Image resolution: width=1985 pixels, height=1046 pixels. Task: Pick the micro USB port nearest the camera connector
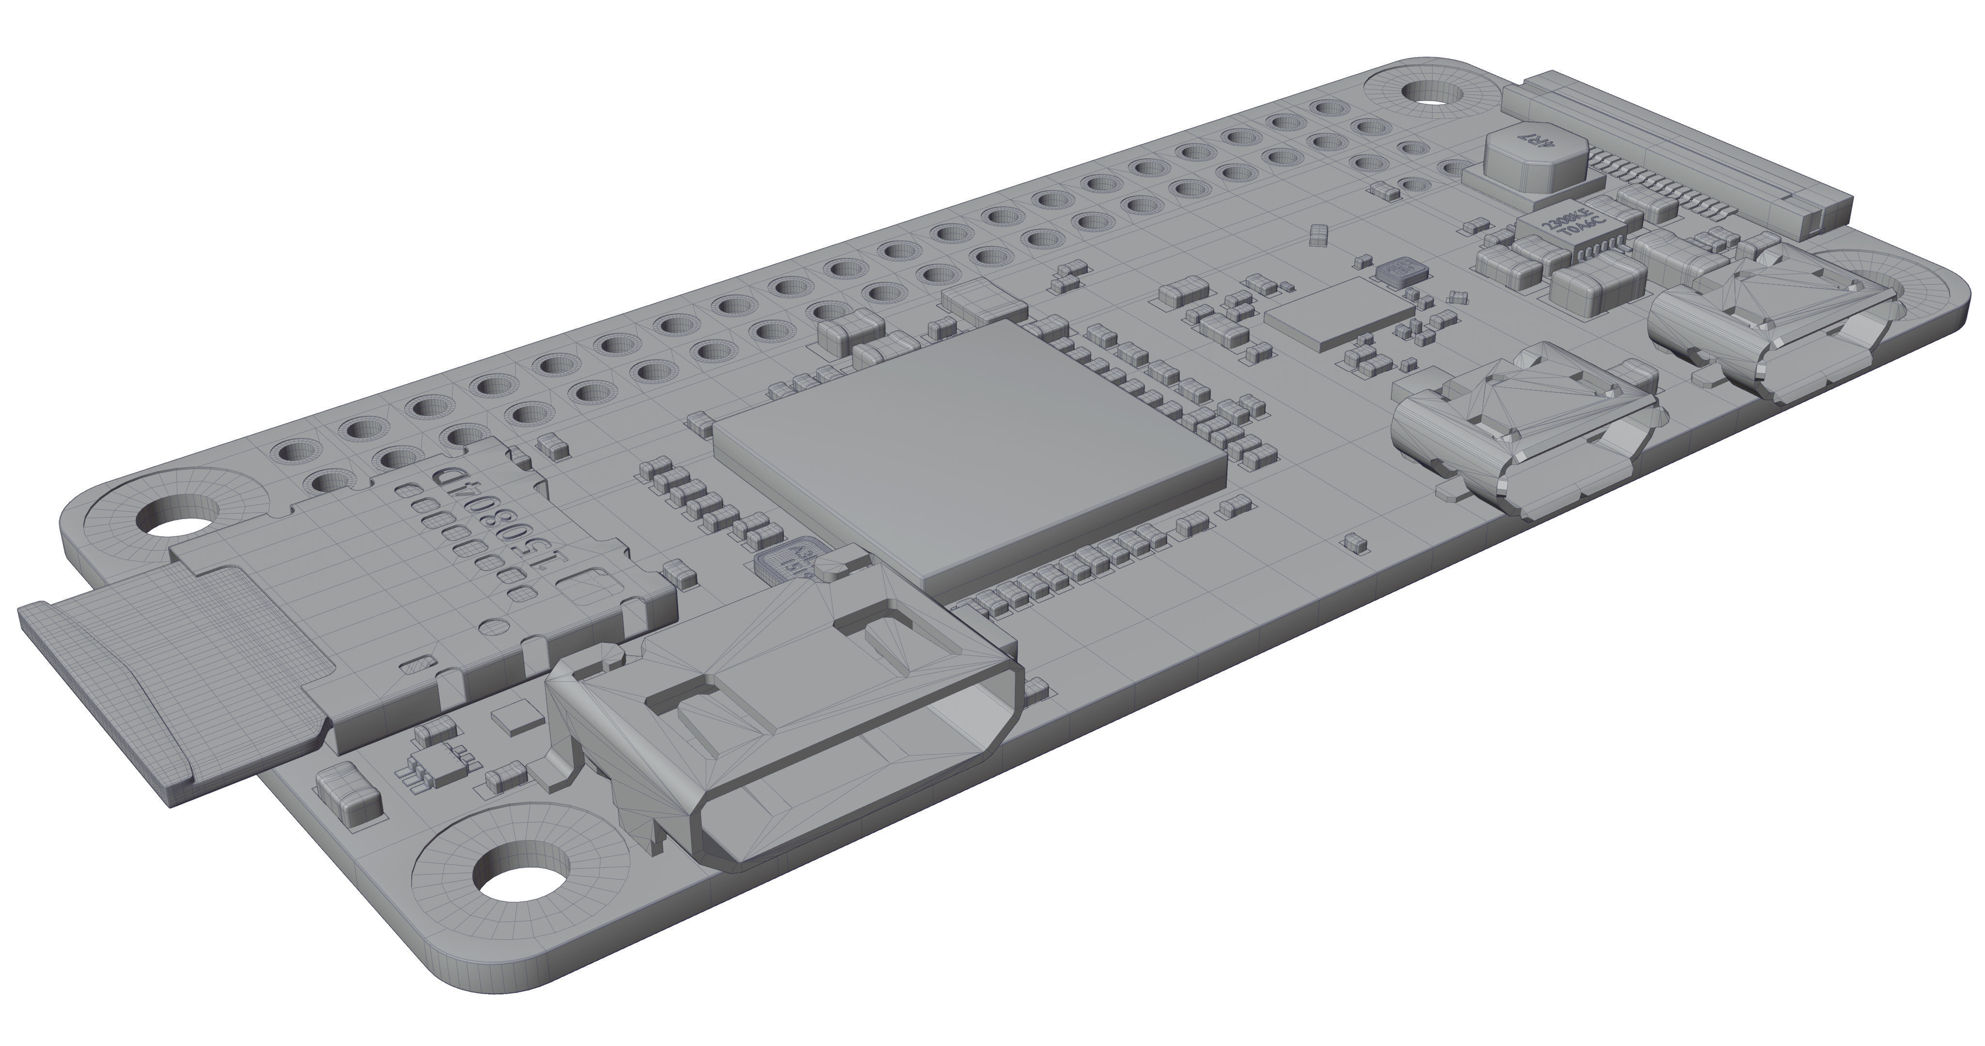1772,331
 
